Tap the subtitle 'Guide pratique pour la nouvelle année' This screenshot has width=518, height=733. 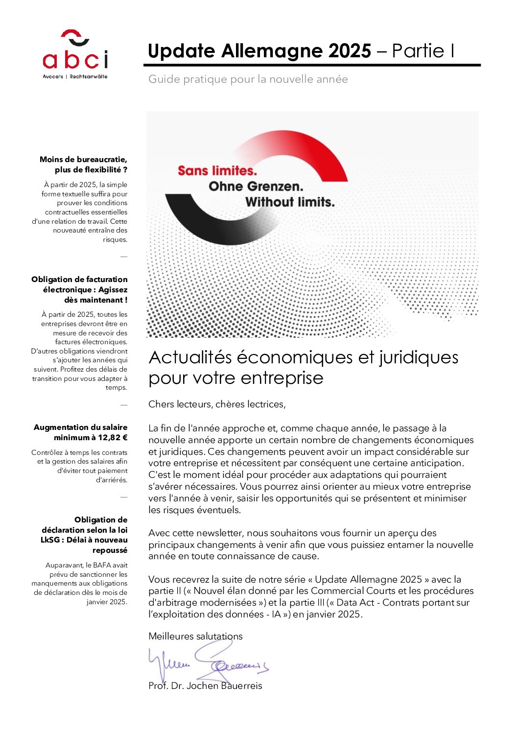coord(248,79)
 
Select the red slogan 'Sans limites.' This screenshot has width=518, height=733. coord(217,171)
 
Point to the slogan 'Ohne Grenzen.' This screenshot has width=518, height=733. coord(256,187)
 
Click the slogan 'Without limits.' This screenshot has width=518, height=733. coord(290,202)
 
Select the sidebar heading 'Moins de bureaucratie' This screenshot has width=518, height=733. coord(83,160)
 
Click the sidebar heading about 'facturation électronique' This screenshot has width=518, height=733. coord(79,289)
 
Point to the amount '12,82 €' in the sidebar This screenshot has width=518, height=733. coord(113,438)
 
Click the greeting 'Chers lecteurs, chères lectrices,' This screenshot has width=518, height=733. coord(217,404)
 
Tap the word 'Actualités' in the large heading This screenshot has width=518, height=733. coord(190,357)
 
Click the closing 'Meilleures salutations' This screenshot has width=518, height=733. coord(195,637)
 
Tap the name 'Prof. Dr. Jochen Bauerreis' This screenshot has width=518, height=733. coord(205,686)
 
